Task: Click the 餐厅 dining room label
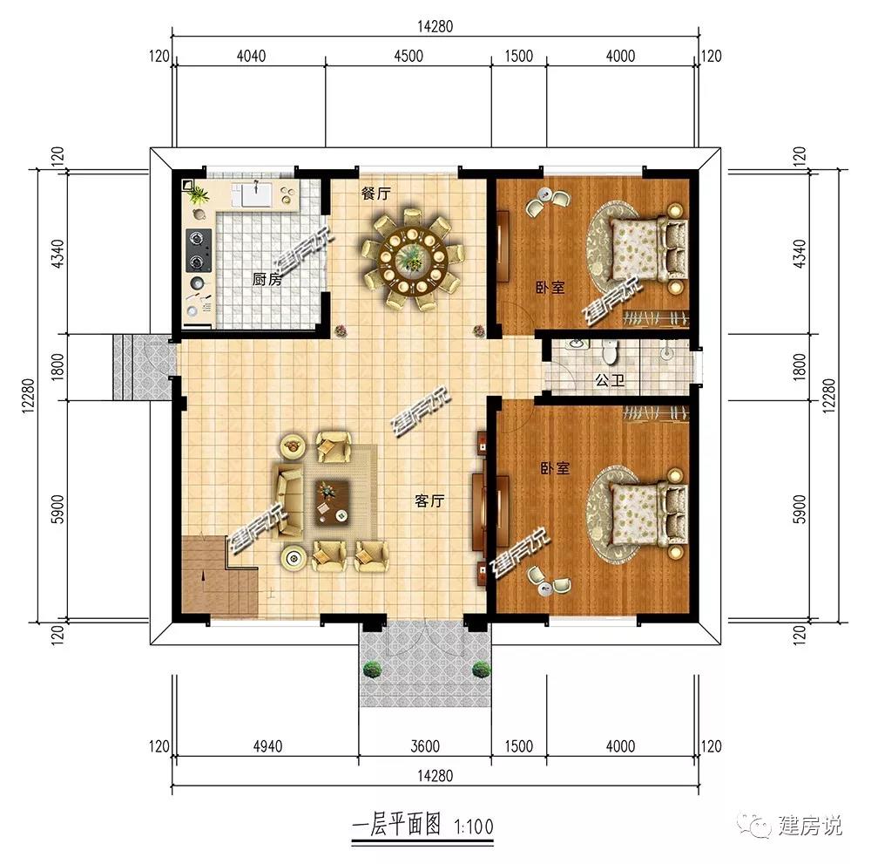click(376, 194)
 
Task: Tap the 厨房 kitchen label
click(267, 278)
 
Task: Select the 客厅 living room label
click(429, 501)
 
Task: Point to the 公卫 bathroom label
click(610, 380)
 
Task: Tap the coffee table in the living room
click(332, 502)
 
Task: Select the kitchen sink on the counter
click(256, 194)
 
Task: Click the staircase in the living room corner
click(219, 575)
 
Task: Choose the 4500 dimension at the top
click(408, 56)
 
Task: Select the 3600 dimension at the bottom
click(425, 746)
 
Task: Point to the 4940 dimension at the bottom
click(267, 746)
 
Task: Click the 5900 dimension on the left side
click(57, 509)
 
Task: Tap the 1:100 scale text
click(473, 827)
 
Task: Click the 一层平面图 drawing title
click(396, 825)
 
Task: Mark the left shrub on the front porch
click(372, 669)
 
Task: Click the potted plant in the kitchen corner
click(199, 195)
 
